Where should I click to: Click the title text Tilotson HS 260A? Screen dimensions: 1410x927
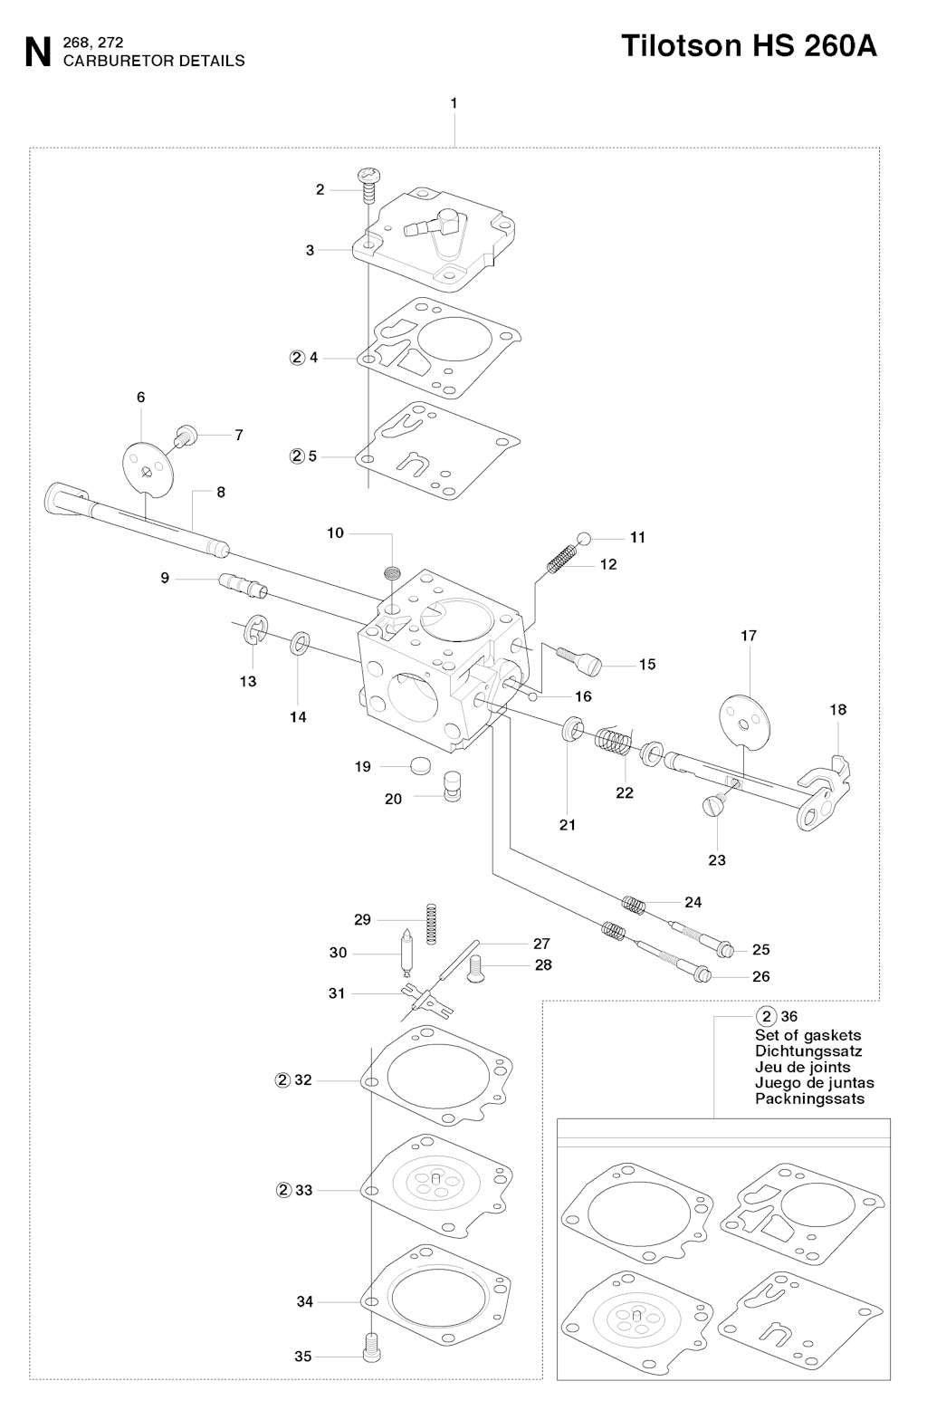[x=749, y=46]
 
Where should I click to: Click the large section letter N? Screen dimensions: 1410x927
[x=38, y=53]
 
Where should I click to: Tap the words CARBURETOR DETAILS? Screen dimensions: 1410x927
[x=154, y=61]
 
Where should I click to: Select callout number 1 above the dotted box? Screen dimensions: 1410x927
[x=454, y=103]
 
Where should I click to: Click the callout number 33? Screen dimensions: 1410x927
[x=304, y=1190]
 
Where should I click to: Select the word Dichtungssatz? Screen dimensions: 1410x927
[x=808, y=1051]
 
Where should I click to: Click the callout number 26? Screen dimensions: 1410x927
[x=761, y=976]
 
